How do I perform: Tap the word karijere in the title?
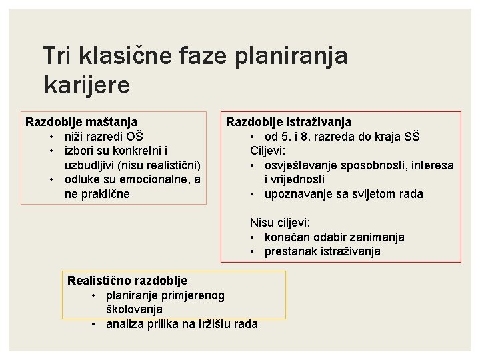(x=87, y=85)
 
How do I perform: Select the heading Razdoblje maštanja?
(x=81, y=122)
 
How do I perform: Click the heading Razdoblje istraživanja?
(x=289, y=122)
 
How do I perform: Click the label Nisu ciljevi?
(x=279, y=223)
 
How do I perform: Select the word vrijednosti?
(x=295, y=179)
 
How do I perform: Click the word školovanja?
(x=133, y=309)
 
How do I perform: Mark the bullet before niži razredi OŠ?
(x=51, y=137)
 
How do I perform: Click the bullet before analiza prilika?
(x=95, y=324)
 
